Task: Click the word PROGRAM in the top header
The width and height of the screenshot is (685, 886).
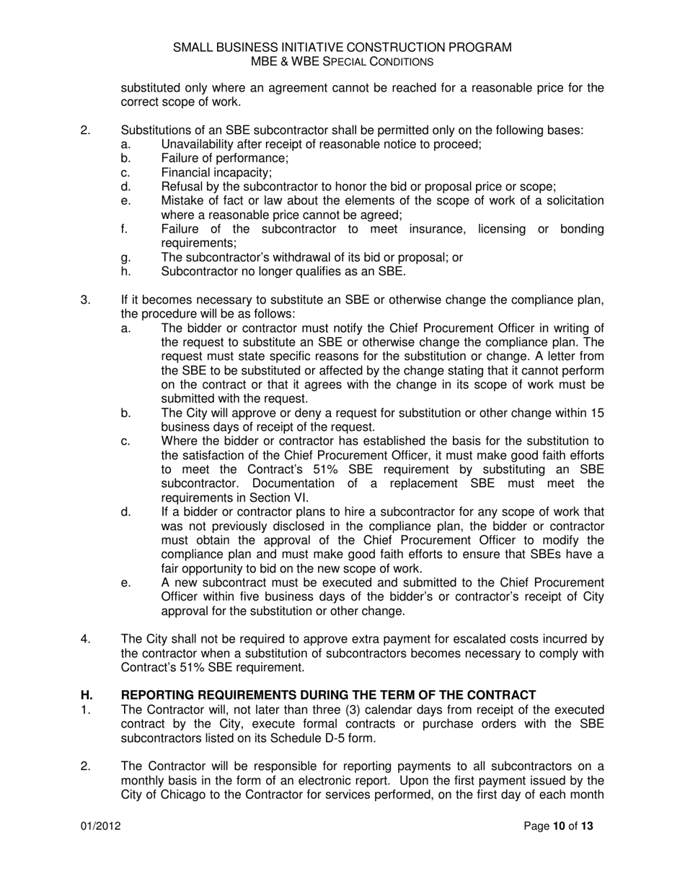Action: [x=479, y=48]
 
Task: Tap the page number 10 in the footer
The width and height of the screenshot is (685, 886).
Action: [x=559, y=826]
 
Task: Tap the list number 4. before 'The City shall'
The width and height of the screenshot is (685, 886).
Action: [x=85, y=640]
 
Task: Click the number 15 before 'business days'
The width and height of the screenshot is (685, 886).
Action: [x=597, y=413]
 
